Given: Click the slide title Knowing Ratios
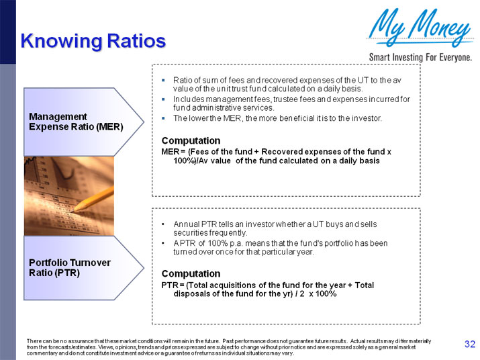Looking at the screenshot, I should [93, 41].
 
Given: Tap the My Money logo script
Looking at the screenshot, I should [420, 28].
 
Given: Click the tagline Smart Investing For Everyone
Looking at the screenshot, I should [420, 57].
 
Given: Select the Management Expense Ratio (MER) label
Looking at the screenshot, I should [76, 122].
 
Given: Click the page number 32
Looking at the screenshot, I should [470, 345].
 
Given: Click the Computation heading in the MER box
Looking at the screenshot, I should [191, 140].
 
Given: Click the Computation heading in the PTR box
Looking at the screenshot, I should [191, 273].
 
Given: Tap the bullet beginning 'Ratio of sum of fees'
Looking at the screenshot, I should [282, 84].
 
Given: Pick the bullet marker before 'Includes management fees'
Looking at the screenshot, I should [163, 99].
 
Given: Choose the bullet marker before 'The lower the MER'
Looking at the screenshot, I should [163, 118].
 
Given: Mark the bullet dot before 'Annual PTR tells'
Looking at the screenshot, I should [163, 224].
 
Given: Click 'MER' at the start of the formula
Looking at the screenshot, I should [170, 152].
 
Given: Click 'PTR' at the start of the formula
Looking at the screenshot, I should [169, 285].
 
